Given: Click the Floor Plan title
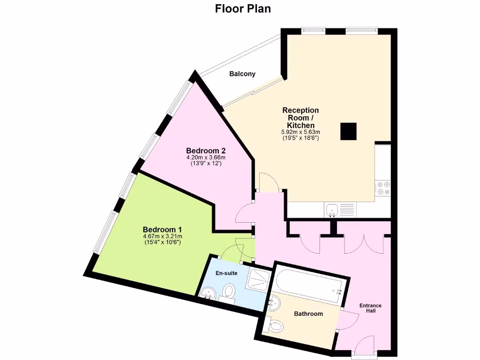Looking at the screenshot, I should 243,8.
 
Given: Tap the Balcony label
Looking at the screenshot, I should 242,74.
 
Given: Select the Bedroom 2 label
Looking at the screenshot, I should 206,150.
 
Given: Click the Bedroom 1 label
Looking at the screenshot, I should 162,229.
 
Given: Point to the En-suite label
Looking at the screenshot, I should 226,273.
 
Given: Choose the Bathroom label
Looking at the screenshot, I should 308,314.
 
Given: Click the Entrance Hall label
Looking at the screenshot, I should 370,308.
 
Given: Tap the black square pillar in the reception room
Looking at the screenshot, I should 349,131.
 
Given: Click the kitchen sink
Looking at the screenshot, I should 332,210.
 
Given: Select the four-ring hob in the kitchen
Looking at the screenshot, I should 383,188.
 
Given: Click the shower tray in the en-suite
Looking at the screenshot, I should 257,280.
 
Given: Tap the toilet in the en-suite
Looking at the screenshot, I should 229,291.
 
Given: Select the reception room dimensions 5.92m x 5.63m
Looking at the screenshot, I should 300,132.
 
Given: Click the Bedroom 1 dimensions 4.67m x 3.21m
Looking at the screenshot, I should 162,236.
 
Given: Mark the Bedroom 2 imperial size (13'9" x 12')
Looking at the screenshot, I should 206,164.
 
